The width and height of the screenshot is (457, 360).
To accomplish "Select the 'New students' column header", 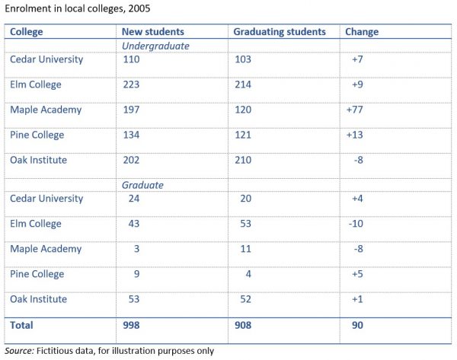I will (x=152, y=32).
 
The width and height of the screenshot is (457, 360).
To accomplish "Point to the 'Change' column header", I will (x=362, y=32).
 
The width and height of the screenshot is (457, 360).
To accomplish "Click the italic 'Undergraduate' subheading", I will (x=156, y=46).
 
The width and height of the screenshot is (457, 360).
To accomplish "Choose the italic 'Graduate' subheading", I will (x=144, y=185).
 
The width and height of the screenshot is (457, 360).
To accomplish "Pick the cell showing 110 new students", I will (x=132, y=59).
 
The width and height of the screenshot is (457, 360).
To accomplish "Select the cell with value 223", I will (x=132, y=84).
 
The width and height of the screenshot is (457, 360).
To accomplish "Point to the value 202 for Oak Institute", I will (x=132, y=160).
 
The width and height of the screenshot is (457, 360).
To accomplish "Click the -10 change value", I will (x=354, y=224).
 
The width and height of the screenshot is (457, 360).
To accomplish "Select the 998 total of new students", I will (x=132, y=325).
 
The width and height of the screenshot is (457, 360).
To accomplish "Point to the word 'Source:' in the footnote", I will (x=21, y=351).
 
